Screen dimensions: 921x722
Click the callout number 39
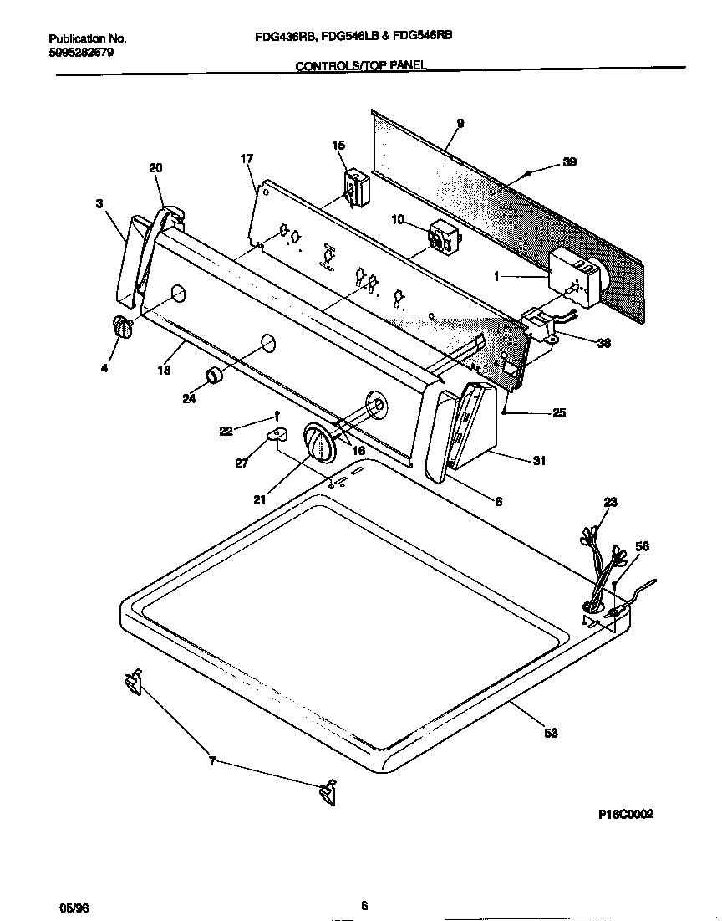point(569,162)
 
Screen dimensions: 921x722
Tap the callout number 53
point(551,733)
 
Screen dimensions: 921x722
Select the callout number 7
point(212,761)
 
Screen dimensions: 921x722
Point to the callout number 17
point(247,159)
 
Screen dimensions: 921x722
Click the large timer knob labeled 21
point(318,441)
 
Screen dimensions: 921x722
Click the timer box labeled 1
point(576,279)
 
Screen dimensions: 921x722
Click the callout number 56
point(641,546)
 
